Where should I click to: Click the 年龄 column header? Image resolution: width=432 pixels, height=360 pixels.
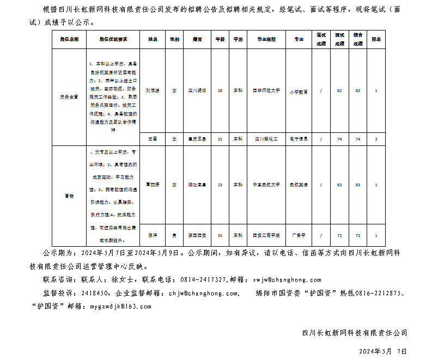(x=220, y=40)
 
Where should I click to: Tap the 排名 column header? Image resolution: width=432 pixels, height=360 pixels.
(x=376, y=40)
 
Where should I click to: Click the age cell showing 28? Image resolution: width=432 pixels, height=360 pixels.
(x=220, y=90)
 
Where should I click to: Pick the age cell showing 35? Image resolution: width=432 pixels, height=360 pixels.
(x=220, y=235)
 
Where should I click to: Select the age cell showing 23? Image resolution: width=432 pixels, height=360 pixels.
(x=220, y=185)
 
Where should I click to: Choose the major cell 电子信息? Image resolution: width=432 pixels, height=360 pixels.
(x=299, y=139)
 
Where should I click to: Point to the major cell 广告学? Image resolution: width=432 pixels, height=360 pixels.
(x=299, y=235)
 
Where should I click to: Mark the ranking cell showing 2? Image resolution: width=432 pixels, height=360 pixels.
(x=376, y=139)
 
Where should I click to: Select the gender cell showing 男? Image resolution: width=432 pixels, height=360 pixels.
(x=174, y=235)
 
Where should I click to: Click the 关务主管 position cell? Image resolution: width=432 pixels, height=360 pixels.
(x=69, y=96)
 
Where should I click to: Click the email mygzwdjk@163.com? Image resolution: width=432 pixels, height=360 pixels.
(x=120, y=307)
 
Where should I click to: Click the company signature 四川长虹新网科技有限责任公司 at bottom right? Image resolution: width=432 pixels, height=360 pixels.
(x=354, y=333)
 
